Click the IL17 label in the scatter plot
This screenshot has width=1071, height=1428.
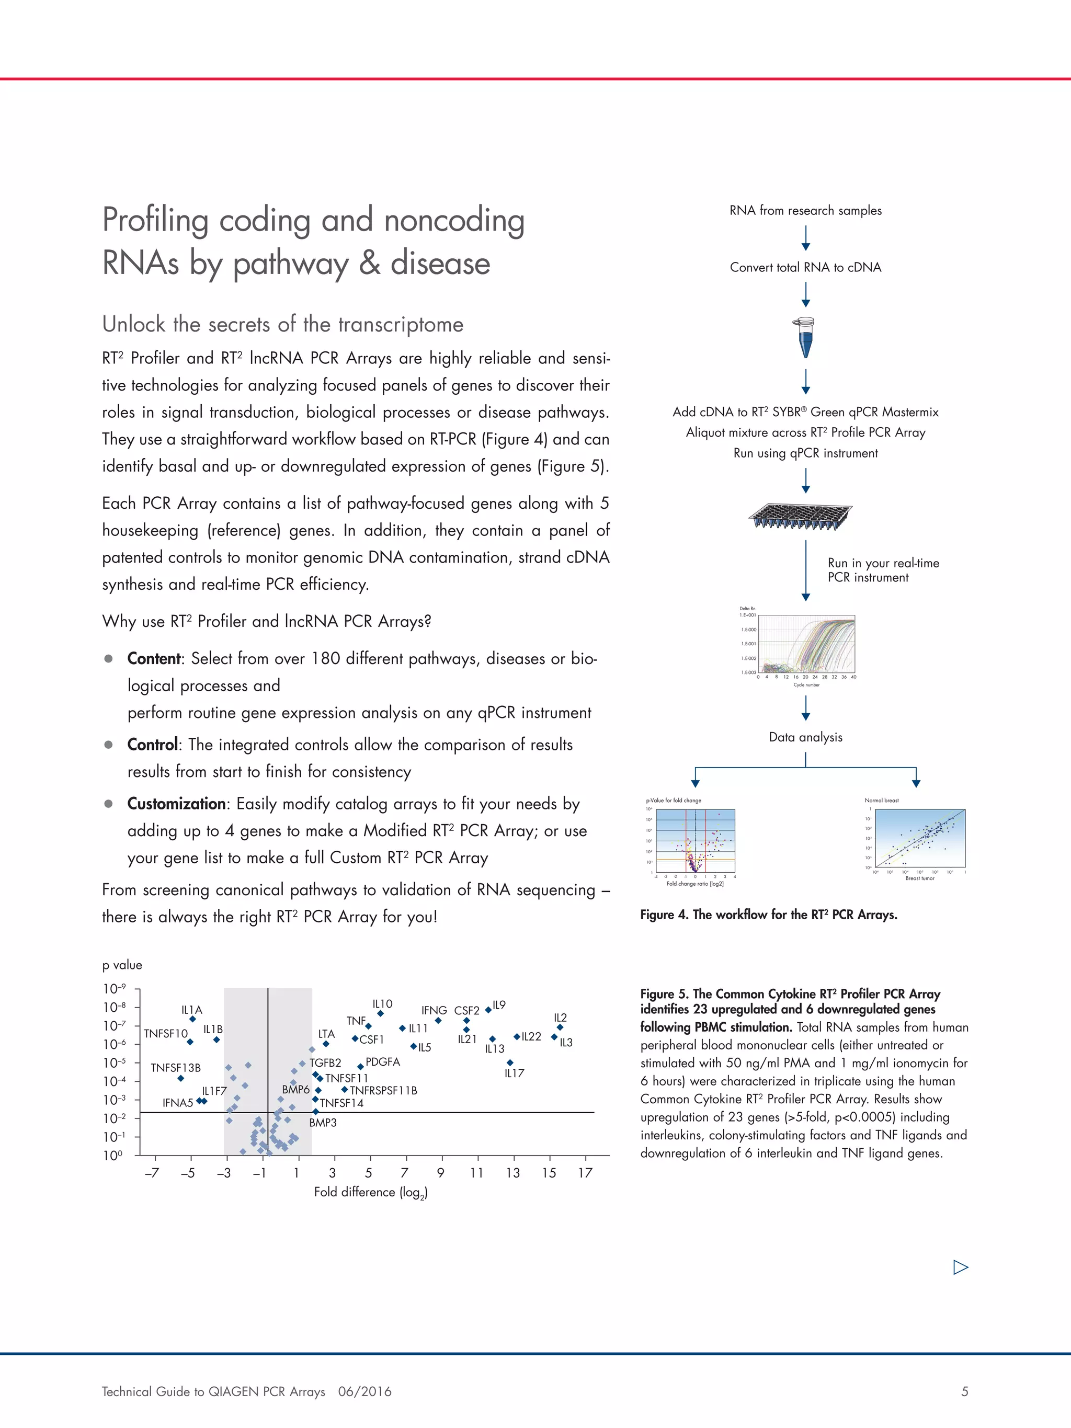[x=514, y=1073]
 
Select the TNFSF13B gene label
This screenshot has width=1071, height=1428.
[x=176, y=1068]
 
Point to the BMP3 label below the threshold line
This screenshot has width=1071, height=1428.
[x=323, y=1123]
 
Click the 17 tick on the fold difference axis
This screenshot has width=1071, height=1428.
[x=585, y=1173]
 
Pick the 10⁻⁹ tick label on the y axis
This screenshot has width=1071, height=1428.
[x=115, y=989]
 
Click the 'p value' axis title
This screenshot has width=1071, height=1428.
[x=122, y=965]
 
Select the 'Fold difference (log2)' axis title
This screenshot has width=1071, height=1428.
[x=371, y=1192]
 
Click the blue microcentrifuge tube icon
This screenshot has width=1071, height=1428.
[x=805, y=337]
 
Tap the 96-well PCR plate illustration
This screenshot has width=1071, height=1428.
[x=801, y=517]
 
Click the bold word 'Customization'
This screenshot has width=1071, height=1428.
[x=176, y=804]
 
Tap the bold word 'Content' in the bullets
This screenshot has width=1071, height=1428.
[x=154, y=658]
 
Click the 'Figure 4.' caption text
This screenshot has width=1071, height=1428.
[x=664, y=915]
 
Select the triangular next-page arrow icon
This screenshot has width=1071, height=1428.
[x=960, y=1267]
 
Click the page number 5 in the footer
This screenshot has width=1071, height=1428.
[x=964, y=1392]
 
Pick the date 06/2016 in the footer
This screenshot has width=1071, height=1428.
[x=364, y=1392]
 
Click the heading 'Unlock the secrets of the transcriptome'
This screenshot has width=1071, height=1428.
[x=283, y=324]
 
